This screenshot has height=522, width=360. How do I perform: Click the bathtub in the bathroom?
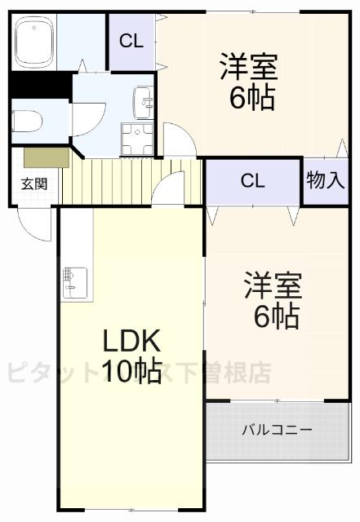[x=33, y=44]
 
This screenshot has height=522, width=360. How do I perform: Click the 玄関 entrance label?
[x=33, y=183]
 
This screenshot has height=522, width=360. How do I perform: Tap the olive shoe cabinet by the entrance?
[x=45, y=156]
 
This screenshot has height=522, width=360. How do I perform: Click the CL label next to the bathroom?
[x=131, y=40]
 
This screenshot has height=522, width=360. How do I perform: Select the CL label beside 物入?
[x=253, y=181]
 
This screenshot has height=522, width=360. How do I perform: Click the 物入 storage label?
[x=325, y=181]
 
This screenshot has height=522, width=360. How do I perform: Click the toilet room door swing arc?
[x=86, y=122]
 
